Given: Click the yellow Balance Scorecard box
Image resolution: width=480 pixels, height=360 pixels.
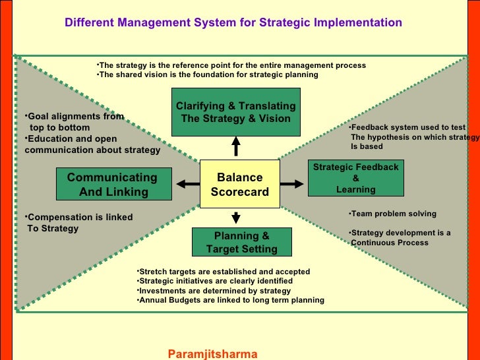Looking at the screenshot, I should click(239, 184).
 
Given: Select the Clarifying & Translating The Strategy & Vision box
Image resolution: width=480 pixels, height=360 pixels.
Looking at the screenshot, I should click(235, 113).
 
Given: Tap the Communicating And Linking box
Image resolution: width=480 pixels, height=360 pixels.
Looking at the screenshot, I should click(112, 185).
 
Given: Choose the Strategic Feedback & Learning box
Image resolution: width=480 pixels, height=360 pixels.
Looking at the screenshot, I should click(355, 178).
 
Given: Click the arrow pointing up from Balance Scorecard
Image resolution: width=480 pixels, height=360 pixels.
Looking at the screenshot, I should click(236, 146).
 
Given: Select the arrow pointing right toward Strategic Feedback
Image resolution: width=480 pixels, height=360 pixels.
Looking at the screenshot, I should click(290, 184).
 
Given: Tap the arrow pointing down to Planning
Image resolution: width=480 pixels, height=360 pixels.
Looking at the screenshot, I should click(236, 216).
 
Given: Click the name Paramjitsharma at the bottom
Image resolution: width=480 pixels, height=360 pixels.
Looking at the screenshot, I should click(212, 353).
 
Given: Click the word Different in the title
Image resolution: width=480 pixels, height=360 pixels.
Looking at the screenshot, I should click(89, 22).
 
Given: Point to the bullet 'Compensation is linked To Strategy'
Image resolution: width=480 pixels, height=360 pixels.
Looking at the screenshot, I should click(78, 223).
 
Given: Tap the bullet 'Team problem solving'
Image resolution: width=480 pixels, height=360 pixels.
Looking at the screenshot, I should click(393, 214).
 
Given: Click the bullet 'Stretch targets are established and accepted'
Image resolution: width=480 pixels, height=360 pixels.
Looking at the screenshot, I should click(223, 272).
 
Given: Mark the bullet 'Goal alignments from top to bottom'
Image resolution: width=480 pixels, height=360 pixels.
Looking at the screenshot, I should click(74, 122).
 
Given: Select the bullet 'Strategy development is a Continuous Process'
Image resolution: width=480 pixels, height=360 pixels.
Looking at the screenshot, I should click(400, 237).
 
